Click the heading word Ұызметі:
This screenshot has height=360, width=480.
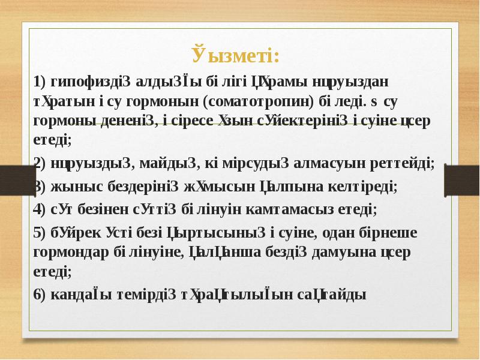[x=236, y=56]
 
